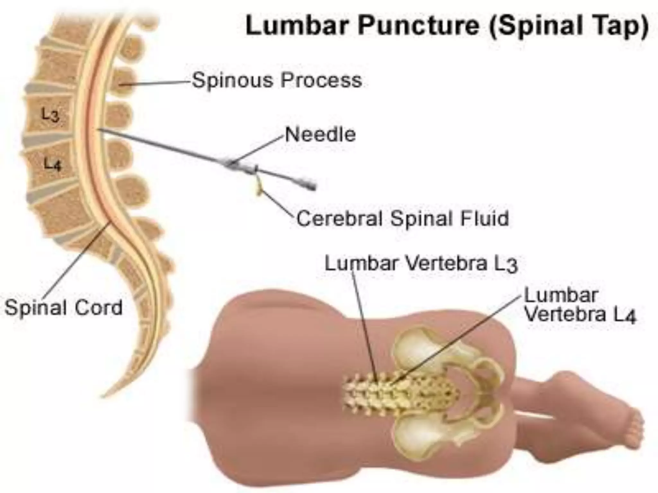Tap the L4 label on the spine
click(x=52, y=165)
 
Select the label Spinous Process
click(x=277, y=80)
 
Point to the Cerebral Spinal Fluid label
click(x=403, y=219)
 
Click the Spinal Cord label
click(x=64, y=307)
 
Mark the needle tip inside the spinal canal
click(x=99, y=130)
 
